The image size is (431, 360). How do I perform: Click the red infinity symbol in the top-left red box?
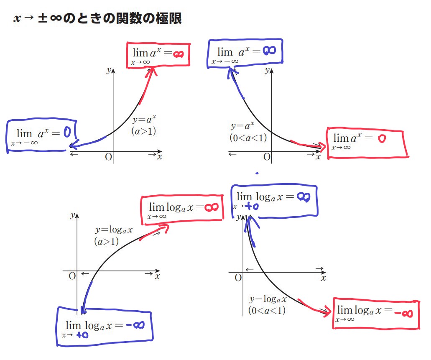pyautogui.click(x=179, y=54)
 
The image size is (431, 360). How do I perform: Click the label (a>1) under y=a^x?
pyautogui.click(x=143, y=131)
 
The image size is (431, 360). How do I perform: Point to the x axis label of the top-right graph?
pyautogui.click(x=318, y=157)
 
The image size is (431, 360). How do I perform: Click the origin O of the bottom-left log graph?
pyautogui.click(x=72, y=276)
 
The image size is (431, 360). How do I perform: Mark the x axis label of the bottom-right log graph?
pyautogui.click(x=323, y=277)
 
